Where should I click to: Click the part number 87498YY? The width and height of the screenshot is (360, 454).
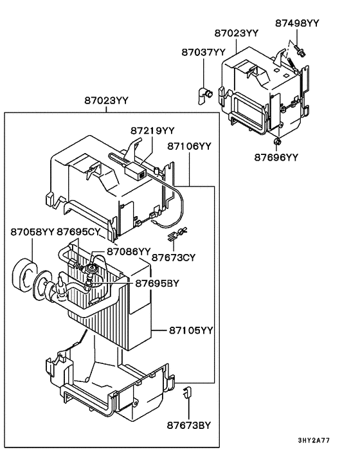[297, 23]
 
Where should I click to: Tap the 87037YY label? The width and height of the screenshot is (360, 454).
[203, 52]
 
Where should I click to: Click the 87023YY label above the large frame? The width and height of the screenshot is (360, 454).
[107, 100]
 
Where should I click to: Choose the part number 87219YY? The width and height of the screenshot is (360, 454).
[153, 131]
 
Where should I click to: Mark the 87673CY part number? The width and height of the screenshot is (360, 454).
[174, 258]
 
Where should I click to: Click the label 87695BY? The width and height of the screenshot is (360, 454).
[157, 282]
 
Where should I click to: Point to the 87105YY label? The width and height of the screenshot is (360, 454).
[191, 331]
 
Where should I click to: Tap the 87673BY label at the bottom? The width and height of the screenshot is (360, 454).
[190, 425]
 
